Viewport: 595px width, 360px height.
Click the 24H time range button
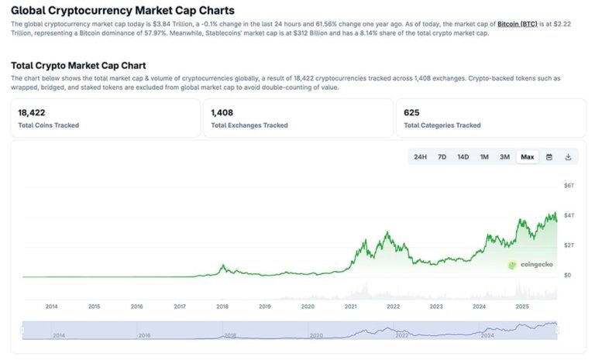(420, 157)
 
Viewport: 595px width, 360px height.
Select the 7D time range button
(442, 157)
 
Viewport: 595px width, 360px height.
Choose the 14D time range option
(463, 157)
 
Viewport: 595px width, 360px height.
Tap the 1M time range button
(484, 157)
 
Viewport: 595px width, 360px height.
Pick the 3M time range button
(504, 157)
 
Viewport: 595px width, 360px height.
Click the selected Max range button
(528, 157)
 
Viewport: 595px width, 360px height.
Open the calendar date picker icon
(549, 157)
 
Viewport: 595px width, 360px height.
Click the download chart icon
(568, 157)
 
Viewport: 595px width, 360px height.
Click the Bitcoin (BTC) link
(519, 25)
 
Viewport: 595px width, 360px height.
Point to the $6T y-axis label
(569, 186)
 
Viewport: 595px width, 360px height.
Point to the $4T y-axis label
(569, 215)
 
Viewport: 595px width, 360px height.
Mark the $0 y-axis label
(567, 275)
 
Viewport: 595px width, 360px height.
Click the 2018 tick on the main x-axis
(222, 307)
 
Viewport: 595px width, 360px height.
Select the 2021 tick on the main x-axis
(350, 307)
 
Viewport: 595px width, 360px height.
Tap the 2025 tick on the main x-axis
(521, 307)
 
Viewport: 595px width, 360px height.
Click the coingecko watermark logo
(530, 265)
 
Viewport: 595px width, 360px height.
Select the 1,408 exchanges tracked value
(222, 113)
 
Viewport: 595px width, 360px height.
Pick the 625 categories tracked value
(411, 113)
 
